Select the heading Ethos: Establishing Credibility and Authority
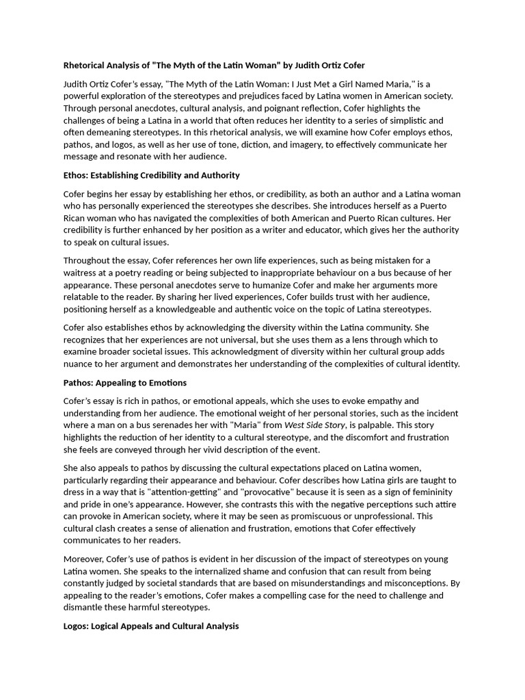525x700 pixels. click(x=152, y=176)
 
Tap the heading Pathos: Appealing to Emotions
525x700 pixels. click(x=125, y=383)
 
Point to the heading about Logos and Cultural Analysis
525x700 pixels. click(x=151, y=626)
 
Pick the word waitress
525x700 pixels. click(x=83, y=273)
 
